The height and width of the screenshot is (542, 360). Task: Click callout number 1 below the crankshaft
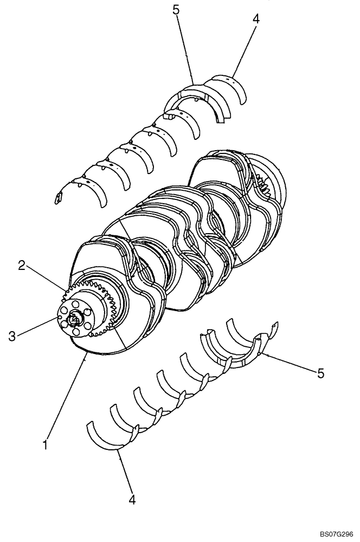coord(46,445)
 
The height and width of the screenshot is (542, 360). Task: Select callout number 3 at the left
coord(12,336)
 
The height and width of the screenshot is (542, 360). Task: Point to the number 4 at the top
coord(256,19)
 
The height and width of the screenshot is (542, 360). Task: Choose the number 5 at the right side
coord(320,373)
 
